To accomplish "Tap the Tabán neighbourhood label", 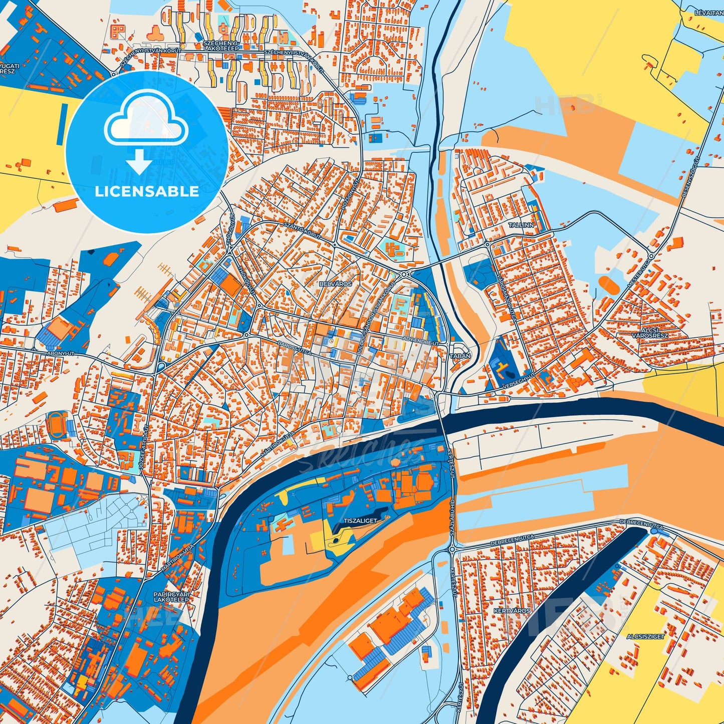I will point(461,356).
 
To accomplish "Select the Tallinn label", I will point(521,225).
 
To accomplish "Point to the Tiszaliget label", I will point(360,521).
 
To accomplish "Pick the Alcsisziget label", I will point(645,636).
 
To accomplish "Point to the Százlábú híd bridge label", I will point(451,518).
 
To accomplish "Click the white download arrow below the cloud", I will point(139,162).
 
